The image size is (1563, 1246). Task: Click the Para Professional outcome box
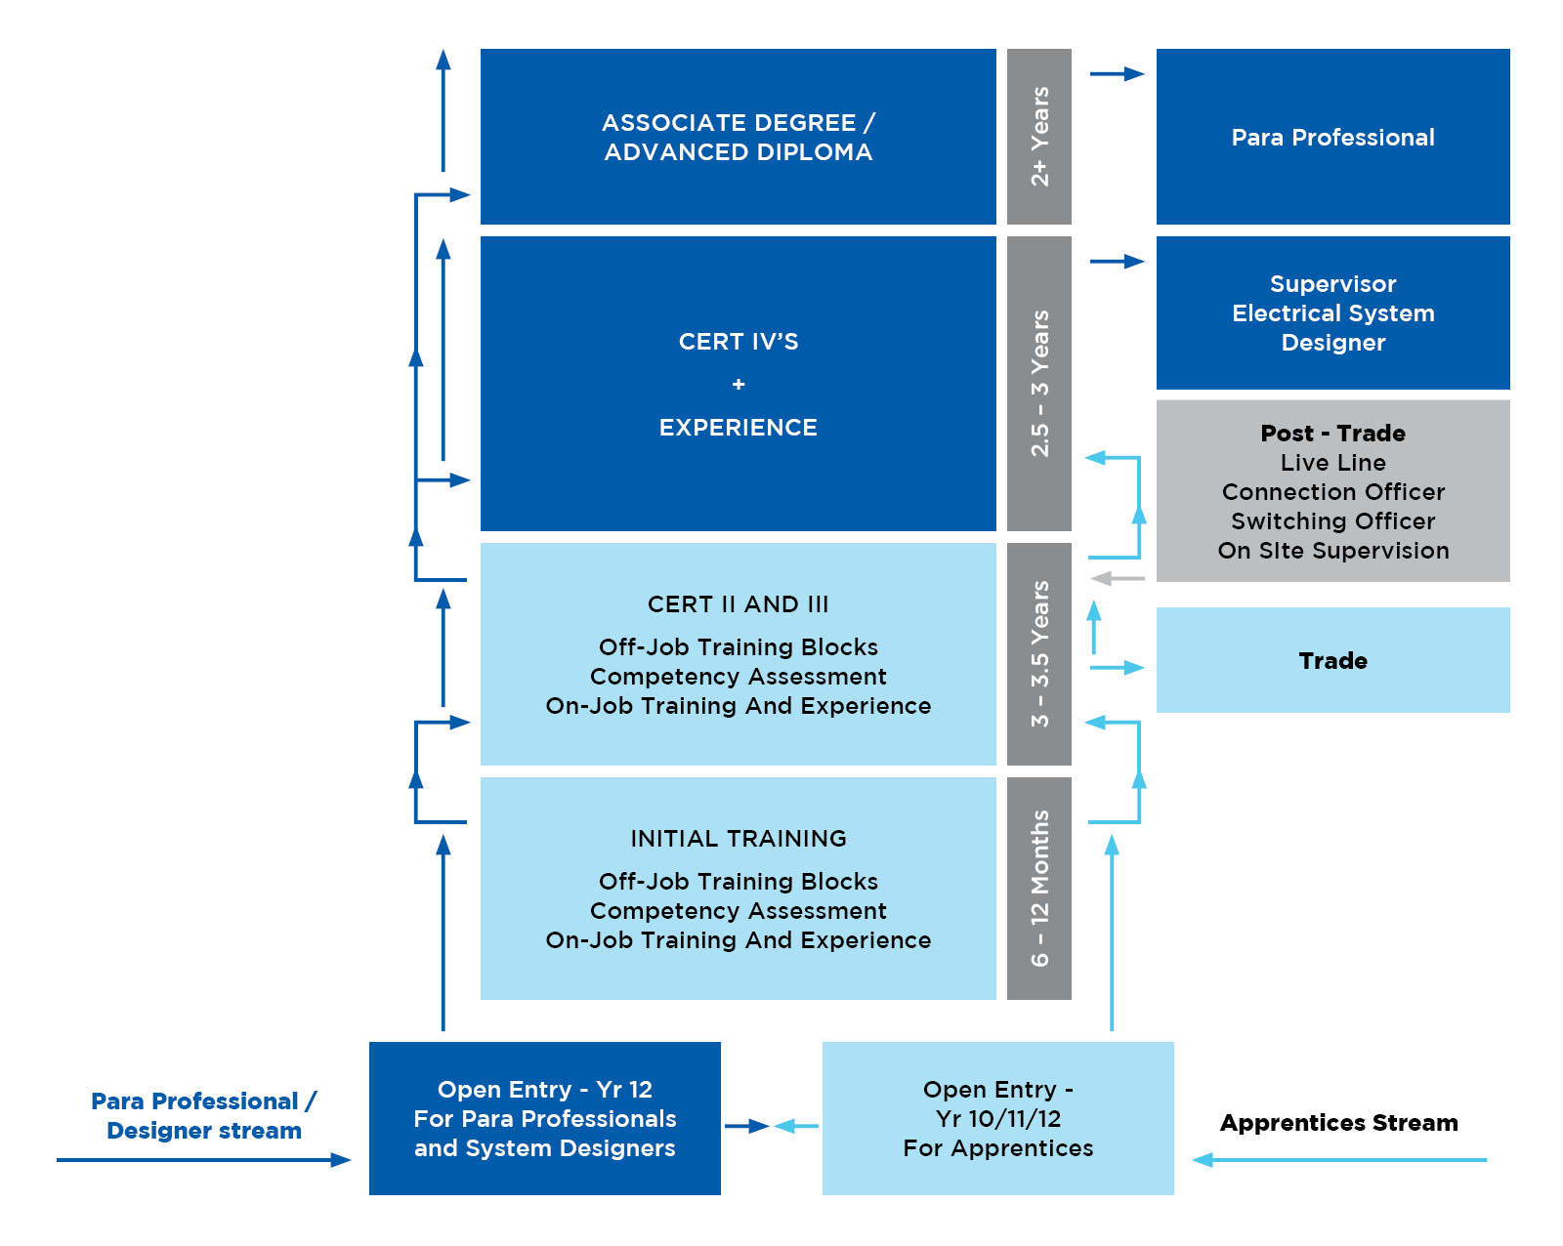tap(1332, 137)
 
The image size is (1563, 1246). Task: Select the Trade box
tap(1332, 659)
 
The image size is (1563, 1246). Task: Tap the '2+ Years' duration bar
tap(1038, 137)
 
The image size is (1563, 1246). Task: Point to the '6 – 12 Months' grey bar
tap(1038, 888)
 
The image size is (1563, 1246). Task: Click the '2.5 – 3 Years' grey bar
tap(1038, 384)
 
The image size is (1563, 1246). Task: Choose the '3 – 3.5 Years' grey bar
tap(1038, 653)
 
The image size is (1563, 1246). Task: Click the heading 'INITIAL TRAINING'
tap(738, 838)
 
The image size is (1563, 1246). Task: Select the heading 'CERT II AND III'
tap(738, 604)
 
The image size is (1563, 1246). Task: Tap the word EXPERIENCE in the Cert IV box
tap(738, 427)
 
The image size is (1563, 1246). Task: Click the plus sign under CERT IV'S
tap(738, 384)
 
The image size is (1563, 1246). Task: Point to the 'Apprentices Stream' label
tap(1338, 1123)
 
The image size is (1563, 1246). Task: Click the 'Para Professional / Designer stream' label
tap(203, 1115)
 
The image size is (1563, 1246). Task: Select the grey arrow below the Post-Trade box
tap(1117, 578)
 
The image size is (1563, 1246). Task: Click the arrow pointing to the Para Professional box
tap(1117, 73)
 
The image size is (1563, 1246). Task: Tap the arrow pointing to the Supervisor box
tap(1117, 262)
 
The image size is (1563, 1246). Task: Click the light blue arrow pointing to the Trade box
tap(1117, 667)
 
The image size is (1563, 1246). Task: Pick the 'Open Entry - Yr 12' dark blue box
tap(545, 1118)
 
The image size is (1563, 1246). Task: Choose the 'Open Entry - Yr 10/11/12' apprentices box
tap(998, 1118)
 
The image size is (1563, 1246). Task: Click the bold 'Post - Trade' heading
tap(1332, 433)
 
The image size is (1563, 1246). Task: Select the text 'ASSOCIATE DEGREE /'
tap(738, 122)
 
